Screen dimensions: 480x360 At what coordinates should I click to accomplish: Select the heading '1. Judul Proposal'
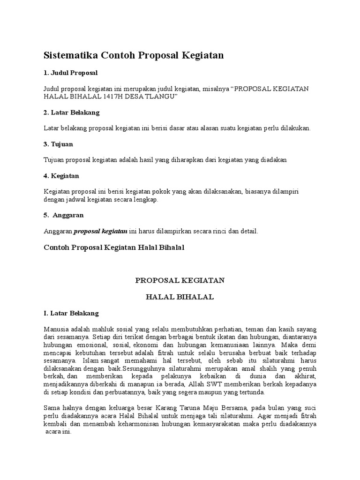(70, 73)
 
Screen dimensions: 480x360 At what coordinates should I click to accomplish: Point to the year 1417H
(120, 97)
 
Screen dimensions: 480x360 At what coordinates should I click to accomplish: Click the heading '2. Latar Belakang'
(71, 112)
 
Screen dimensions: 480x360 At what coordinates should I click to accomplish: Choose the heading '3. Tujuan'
(58, 144)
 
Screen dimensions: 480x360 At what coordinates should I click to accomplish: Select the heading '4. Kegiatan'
(61, 176)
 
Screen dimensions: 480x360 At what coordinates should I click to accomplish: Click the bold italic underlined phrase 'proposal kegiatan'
(101, 231)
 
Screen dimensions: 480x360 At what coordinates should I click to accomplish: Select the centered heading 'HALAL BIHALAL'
(180, 297)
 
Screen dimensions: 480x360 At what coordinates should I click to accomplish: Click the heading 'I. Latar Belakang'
(71, 313)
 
